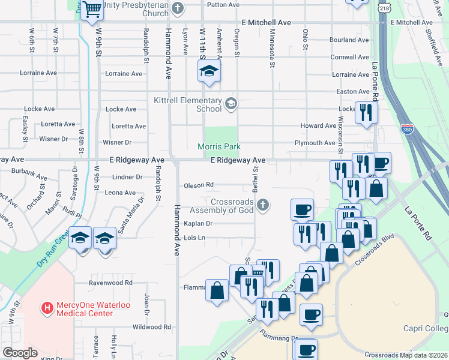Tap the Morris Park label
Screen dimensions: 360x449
click(x=220, y=146)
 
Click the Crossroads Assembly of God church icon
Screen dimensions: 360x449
click(x=262, y=206)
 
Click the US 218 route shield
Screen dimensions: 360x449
click(x=384, y=7)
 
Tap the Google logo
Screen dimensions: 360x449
click(x=20, y=353)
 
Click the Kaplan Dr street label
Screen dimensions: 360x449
click(x=198, y=223)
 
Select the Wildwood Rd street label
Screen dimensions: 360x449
click(x=151, y=327)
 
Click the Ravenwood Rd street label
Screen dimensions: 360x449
click(x=110, y=283)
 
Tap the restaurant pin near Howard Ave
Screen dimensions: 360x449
click(x=366, y=112)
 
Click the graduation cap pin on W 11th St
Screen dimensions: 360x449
click(x=209, y=72)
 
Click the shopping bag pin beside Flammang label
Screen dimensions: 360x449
click(x=216, y=291)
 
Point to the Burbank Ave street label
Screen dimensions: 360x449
click(x=29, y=177)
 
